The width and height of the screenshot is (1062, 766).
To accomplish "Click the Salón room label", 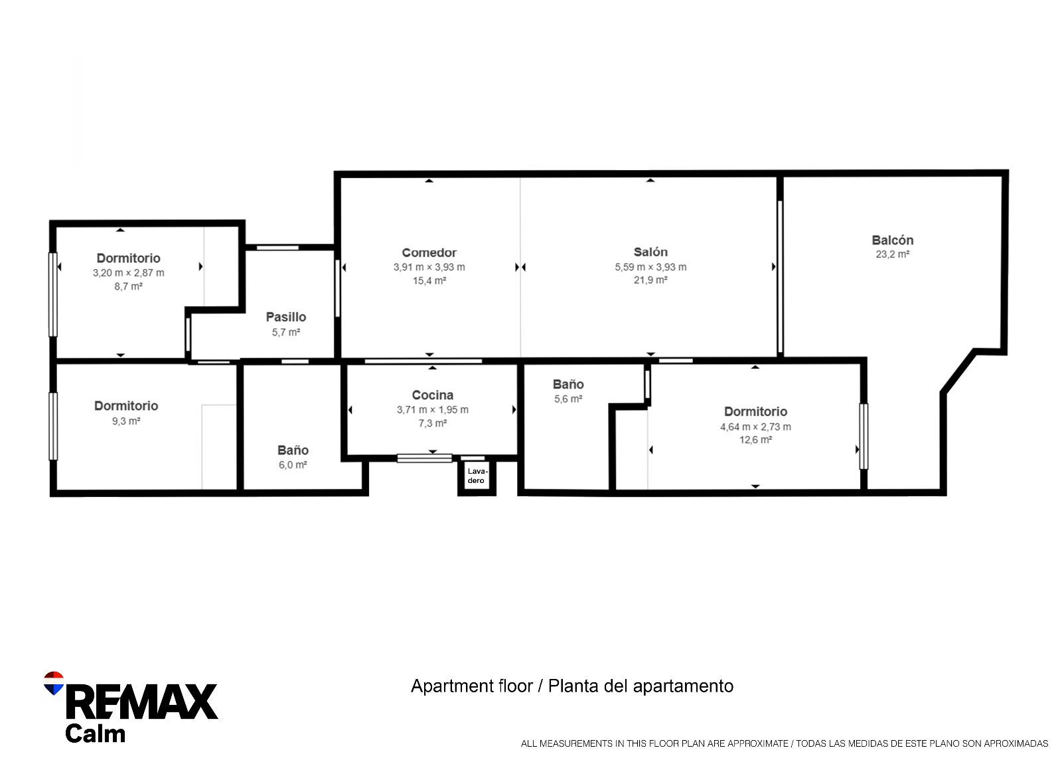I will (x=650, y=252).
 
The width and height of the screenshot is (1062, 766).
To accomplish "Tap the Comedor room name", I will (x=429, y=253).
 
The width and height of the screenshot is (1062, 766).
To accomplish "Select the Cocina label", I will (x=433, y=395).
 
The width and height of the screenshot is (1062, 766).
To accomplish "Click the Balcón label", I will (x=893, y=240).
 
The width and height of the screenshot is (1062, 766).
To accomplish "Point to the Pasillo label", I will (x=286, y=318).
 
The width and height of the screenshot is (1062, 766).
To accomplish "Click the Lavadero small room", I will (x=477, y=476).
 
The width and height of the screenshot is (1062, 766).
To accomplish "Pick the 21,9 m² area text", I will (x=650, y=280).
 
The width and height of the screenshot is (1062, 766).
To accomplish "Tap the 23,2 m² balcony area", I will (x=893, y=254).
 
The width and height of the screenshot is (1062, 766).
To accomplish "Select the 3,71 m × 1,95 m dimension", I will (x=433, y=410).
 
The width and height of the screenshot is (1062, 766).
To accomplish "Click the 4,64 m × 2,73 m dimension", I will (x=755, y=427).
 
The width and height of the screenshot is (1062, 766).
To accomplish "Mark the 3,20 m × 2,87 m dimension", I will (x=129, y=273).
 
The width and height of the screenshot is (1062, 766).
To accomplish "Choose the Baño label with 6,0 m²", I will (x=293, y=450).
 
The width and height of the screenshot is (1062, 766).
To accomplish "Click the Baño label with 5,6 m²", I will (x=568, y=385).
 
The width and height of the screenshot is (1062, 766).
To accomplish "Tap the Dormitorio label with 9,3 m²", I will (x=126, y=406).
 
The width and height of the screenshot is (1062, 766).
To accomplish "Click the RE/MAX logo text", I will (x=142, y=702).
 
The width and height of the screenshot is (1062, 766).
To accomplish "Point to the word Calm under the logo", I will (x=95, y=734).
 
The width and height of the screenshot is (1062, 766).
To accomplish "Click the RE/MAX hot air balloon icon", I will (x=54, y=683).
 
